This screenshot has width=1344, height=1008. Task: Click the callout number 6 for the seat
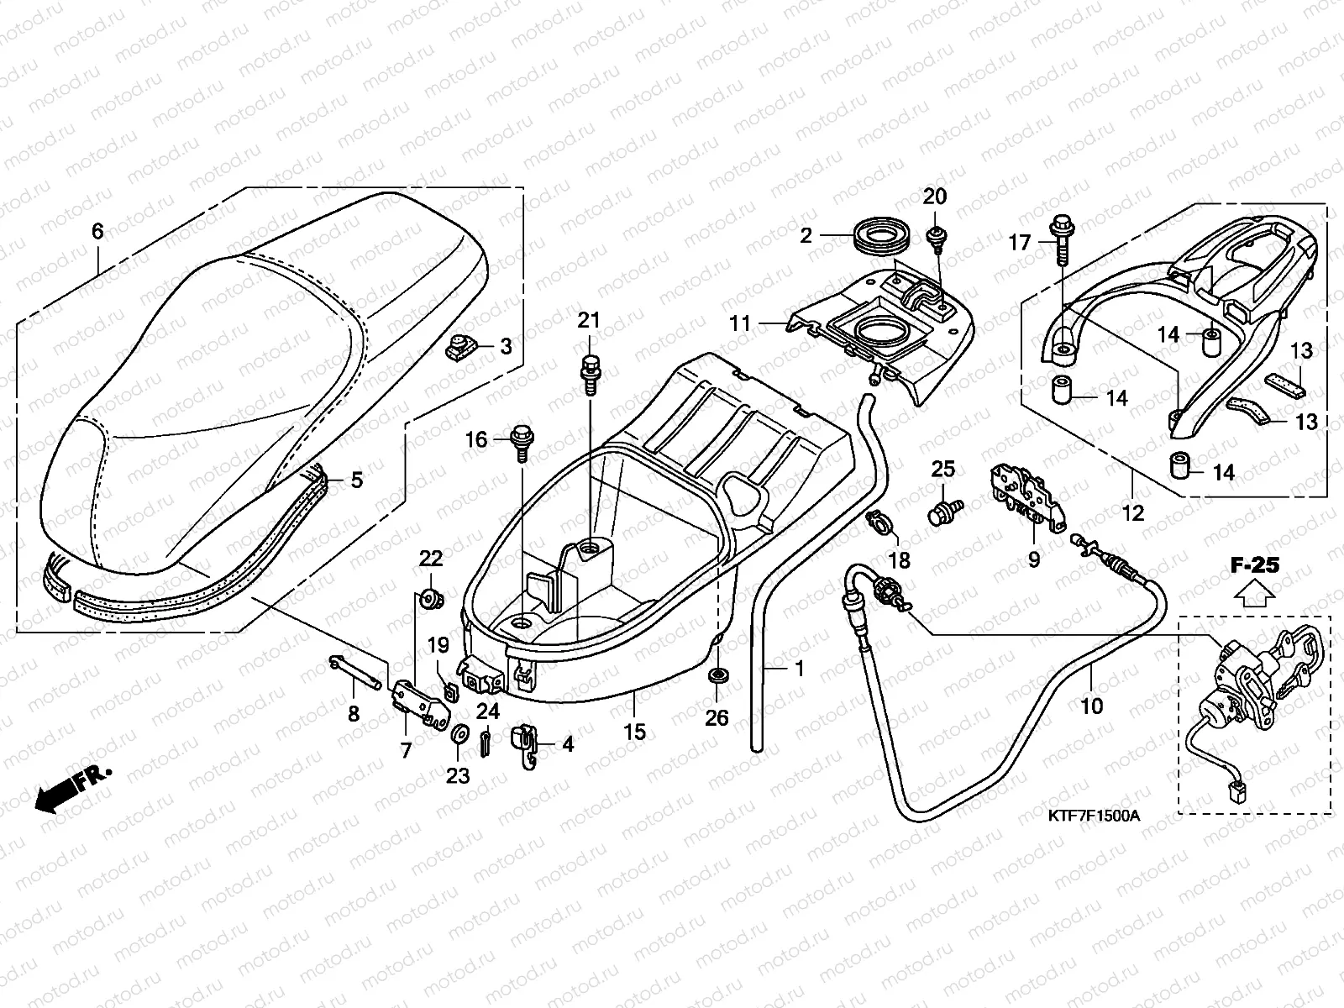click(x=97, y=230)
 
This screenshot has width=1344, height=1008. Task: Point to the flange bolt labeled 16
click(x=520, y=440)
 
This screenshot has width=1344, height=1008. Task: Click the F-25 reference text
click(x=1255, y=565)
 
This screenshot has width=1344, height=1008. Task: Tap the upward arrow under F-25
click(x=1254, y=595)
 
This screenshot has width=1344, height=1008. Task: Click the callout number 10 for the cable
click(x=1092, y=706)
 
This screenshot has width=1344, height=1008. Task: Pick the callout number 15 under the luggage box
click(x=635, y=732)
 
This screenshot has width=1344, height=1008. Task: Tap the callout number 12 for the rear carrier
click(x=1133, y=512)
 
